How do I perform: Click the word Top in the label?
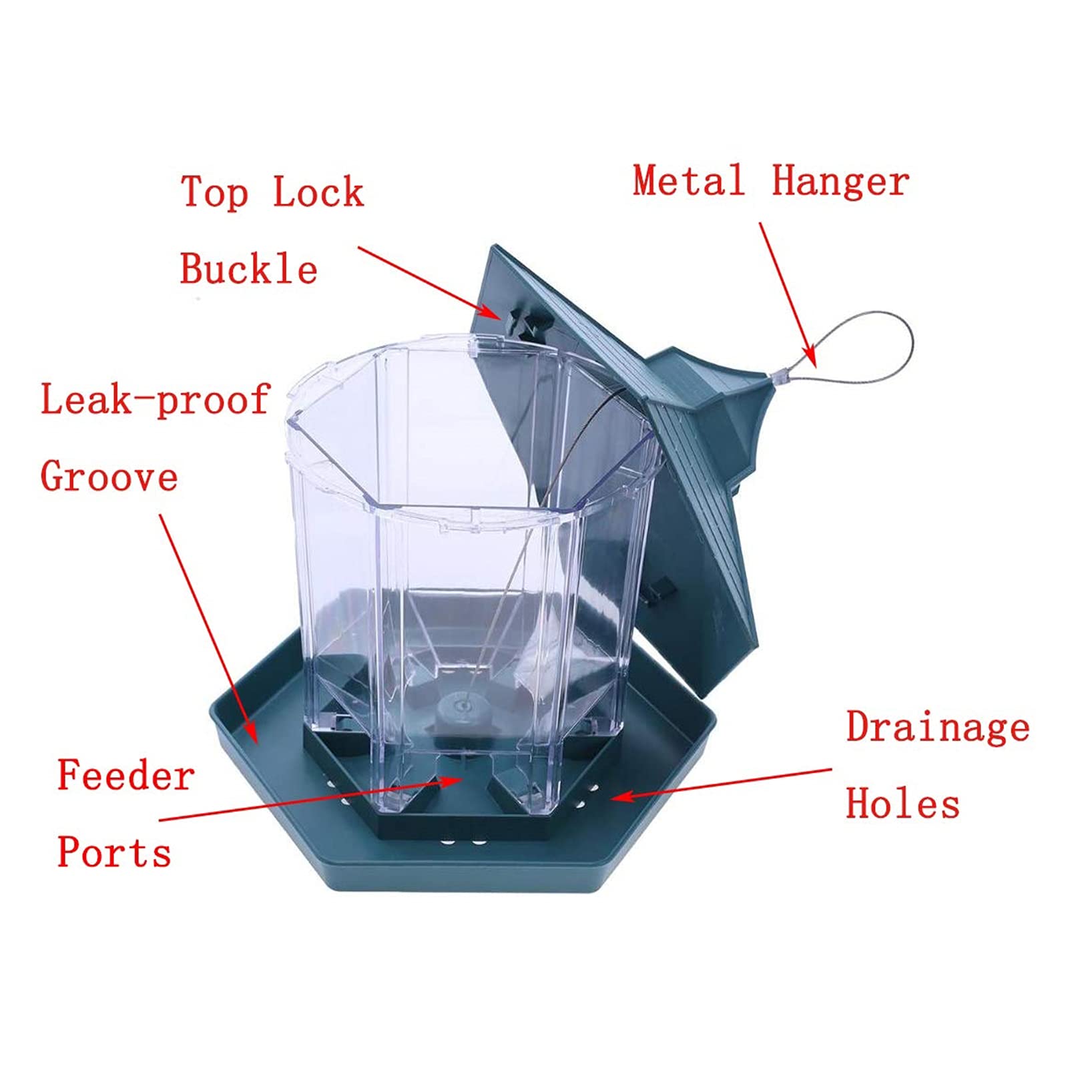coord(215,194)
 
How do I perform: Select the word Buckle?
coord(248,268)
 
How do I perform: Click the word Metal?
coord(688,180)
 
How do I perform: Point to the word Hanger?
coord(840,182)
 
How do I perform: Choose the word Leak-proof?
coord(155,400)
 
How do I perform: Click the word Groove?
coord(109,477)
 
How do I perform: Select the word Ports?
coord(114,852)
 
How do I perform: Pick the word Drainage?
coord(938,728)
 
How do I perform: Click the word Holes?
coord(903,803)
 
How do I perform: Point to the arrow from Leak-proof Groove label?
coord(208,628)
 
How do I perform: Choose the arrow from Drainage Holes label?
coord(721,784)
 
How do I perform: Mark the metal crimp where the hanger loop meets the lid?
coord(778,376)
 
